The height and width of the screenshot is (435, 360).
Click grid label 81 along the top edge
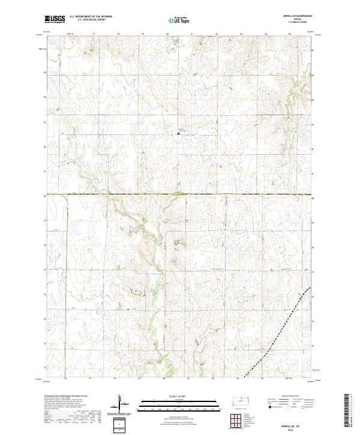191,34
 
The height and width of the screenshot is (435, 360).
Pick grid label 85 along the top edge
290,34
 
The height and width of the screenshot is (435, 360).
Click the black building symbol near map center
178,133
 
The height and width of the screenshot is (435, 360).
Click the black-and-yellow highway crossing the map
180,194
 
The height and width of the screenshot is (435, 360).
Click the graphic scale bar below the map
171,404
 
